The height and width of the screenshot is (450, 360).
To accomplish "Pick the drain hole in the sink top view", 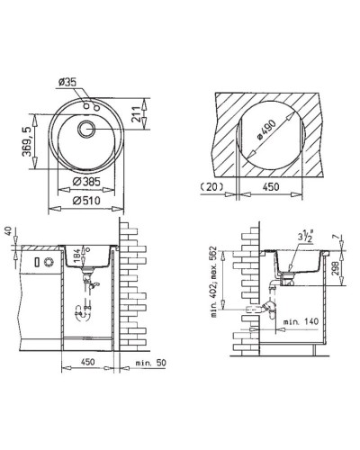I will (87, 129).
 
